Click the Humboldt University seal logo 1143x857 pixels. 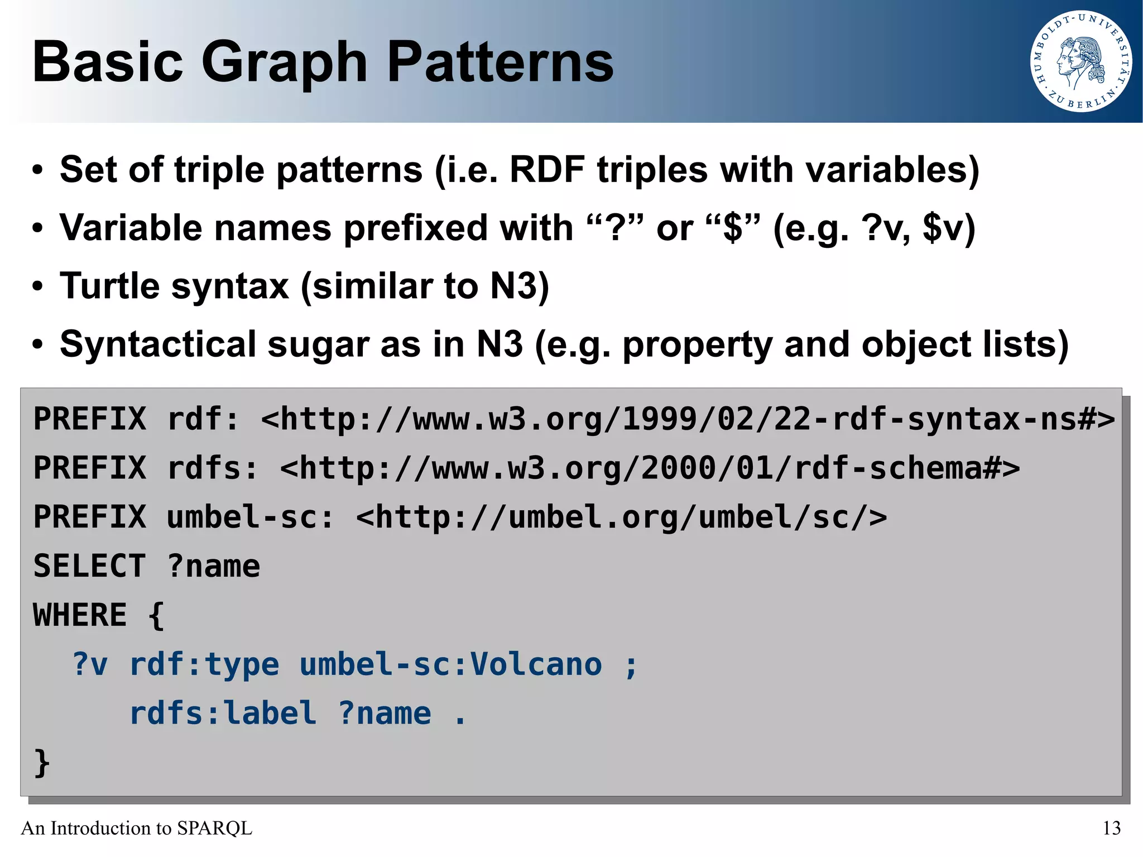click(x=1081, y=61)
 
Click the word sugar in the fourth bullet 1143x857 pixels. click(x=318, y=345)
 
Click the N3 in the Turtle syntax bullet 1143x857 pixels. click(x=513, y=286)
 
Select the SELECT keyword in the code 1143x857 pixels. click(x=90, y=566)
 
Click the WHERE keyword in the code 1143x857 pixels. click(x=80, y=615)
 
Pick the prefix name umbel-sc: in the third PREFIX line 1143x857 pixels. click(x=249, y=517)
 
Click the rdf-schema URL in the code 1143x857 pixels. click(x=650, y=468)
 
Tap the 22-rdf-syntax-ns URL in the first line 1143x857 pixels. click(x=688, y=419)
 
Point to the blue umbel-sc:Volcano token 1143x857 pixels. click(x=450, y=664)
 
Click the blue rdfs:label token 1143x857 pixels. click(x=223, y=714)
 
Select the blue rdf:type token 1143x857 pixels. click(x=204, y=664)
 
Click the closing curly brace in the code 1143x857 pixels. click(x=42, y=763)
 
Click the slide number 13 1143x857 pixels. click(x=1111, y=828)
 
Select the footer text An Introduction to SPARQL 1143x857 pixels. click(x=137, y=828)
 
